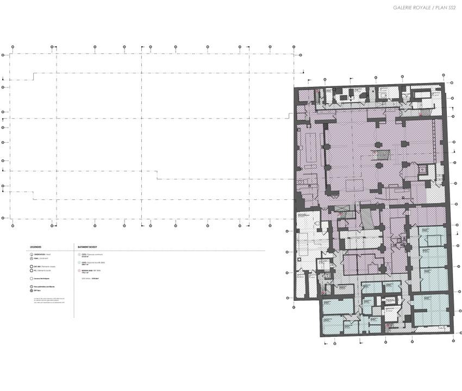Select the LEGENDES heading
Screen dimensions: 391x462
35,246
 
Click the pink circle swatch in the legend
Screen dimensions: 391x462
78,270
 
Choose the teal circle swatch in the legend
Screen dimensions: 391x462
78,262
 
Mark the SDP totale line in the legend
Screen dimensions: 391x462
90,278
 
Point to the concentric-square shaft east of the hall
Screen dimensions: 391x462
423,170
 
